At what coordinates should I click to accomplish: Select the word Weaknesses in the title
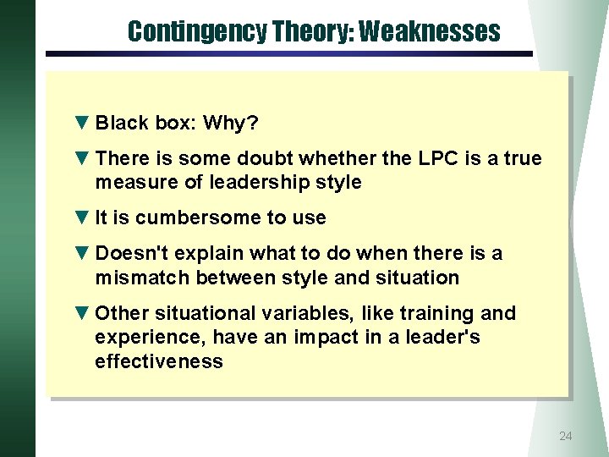429,32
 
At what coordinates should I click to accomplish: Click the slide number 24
566,436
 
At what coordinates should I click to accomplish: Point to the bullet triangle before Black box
81,124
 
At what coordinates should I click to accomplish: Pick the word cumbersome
199,217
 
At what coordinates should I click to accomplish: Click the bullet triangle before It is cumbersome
81,217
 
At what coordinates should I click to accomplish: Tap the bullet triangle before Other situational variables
81,313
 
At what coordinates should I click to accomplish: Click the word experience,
151,337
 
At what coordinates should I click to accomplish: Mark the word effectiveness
159,361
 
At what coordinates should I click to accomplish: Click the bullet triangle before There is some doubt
81,159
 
